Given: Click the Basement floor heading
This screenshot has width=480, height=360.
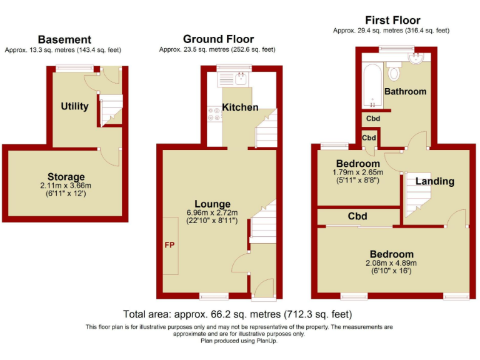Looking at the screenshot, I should coord(64,40).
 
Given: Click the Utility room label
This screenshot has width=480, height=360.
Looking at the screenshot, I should coord(74,106).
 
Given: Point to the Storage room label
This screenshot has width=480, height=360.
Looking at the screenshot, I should coord(66,177).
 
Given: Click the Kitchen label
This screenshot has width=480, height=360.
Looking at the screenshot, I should coord(240,107).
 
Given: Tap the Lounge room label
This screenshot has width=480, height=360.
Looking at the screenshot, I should coord(212,204).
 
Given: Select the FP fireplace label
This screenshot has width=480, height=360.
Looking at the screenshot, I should coord(169,245).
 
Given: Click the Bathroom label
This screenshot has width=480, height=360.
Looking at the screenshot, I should coord(405,91).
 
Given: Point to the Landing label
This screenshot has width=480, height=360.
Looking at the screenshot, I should coord(434,181).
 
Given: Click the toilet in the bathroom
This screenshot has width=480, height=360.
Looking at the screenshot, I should coord(394,72).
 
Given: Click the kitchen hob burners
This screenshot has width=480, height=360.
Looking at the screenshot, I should coord(211,114).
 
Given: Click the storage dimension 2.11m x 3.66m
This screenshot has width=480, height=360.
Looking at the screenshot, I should coord(66,186).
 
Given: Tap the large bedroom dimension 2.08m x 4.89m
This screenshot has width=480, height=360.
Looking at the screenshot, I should coord(391,263).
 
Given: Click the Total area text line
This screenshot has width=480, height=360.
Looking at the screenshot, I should coord(238,314).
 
